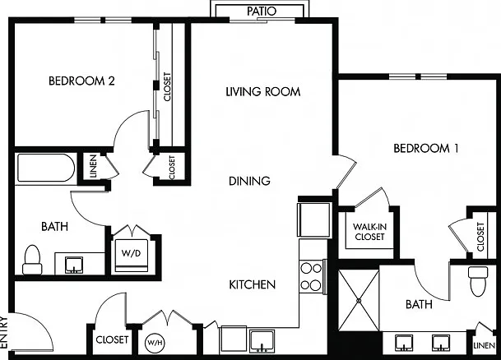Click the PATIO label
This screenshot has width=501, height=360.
click(262, 12)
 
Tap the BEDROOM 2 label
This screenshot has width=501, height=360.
click(81, 81)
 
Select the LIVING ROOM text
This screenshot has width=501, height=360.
click(263, 92)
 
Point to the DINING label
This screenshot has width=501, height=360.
click(249, 181)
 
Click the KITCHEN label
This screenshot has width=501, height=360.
click(252, 284)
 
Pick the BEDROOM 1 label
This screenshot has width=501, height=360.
click(426, 148)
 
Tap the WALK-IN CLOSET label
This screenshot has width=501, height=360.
click(369, 232)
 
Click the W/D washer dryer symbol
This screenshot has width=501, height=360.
click(132, 253)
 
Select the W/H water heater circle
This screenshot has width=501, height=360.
click(155, 343)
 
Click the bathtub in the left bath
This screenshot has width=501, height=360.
click(46, 168)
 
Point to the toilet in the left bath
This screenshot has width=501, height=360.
click(32, 260)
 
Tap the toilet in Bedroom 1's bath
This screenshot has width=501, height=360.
click(478, 281)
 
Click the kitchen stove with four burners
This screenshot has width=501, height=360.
click(311, 276)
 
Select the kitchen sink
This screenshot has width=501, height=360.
click(262, 341)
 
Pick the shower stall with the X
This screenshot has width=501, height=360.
click(359, 301)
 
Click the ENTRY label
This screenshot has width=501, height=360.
click(4, 333)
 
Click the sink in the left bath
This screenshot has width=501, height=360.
click(74, 265)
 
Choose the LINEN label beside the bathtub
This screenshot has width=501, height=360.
click(93, 166)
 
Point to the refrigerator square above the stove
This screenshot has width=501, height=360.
click(313, 219)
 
